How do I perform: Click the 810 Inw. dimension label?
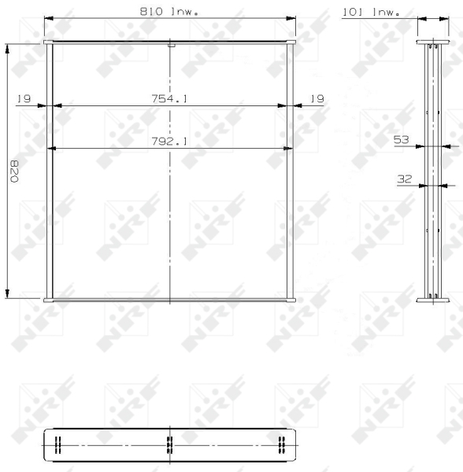(x=169, y=12)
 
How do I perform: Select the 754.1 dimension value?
(x=169, y=98)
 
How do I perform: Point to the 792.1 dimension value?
(x=169, y=142)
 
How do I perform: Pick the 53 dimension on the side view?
(x=402, y=139)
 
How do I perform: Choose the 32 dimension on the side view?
(x=405, y=179)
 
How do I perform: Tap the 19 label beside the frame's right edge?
(x=317, y=98)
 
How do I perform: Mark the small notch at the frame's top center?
(x=170, y=45)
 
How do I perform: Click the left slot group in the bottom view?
(x=57, y=444)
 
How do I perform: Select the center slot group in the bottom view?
(x=169, y=444)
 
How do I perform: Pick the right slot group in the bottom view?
(x=281, y=444)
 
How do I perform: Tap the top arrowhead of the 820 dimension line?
(x=8, y=46)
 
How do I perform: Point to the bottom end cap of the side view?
(x=430, y=298)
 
